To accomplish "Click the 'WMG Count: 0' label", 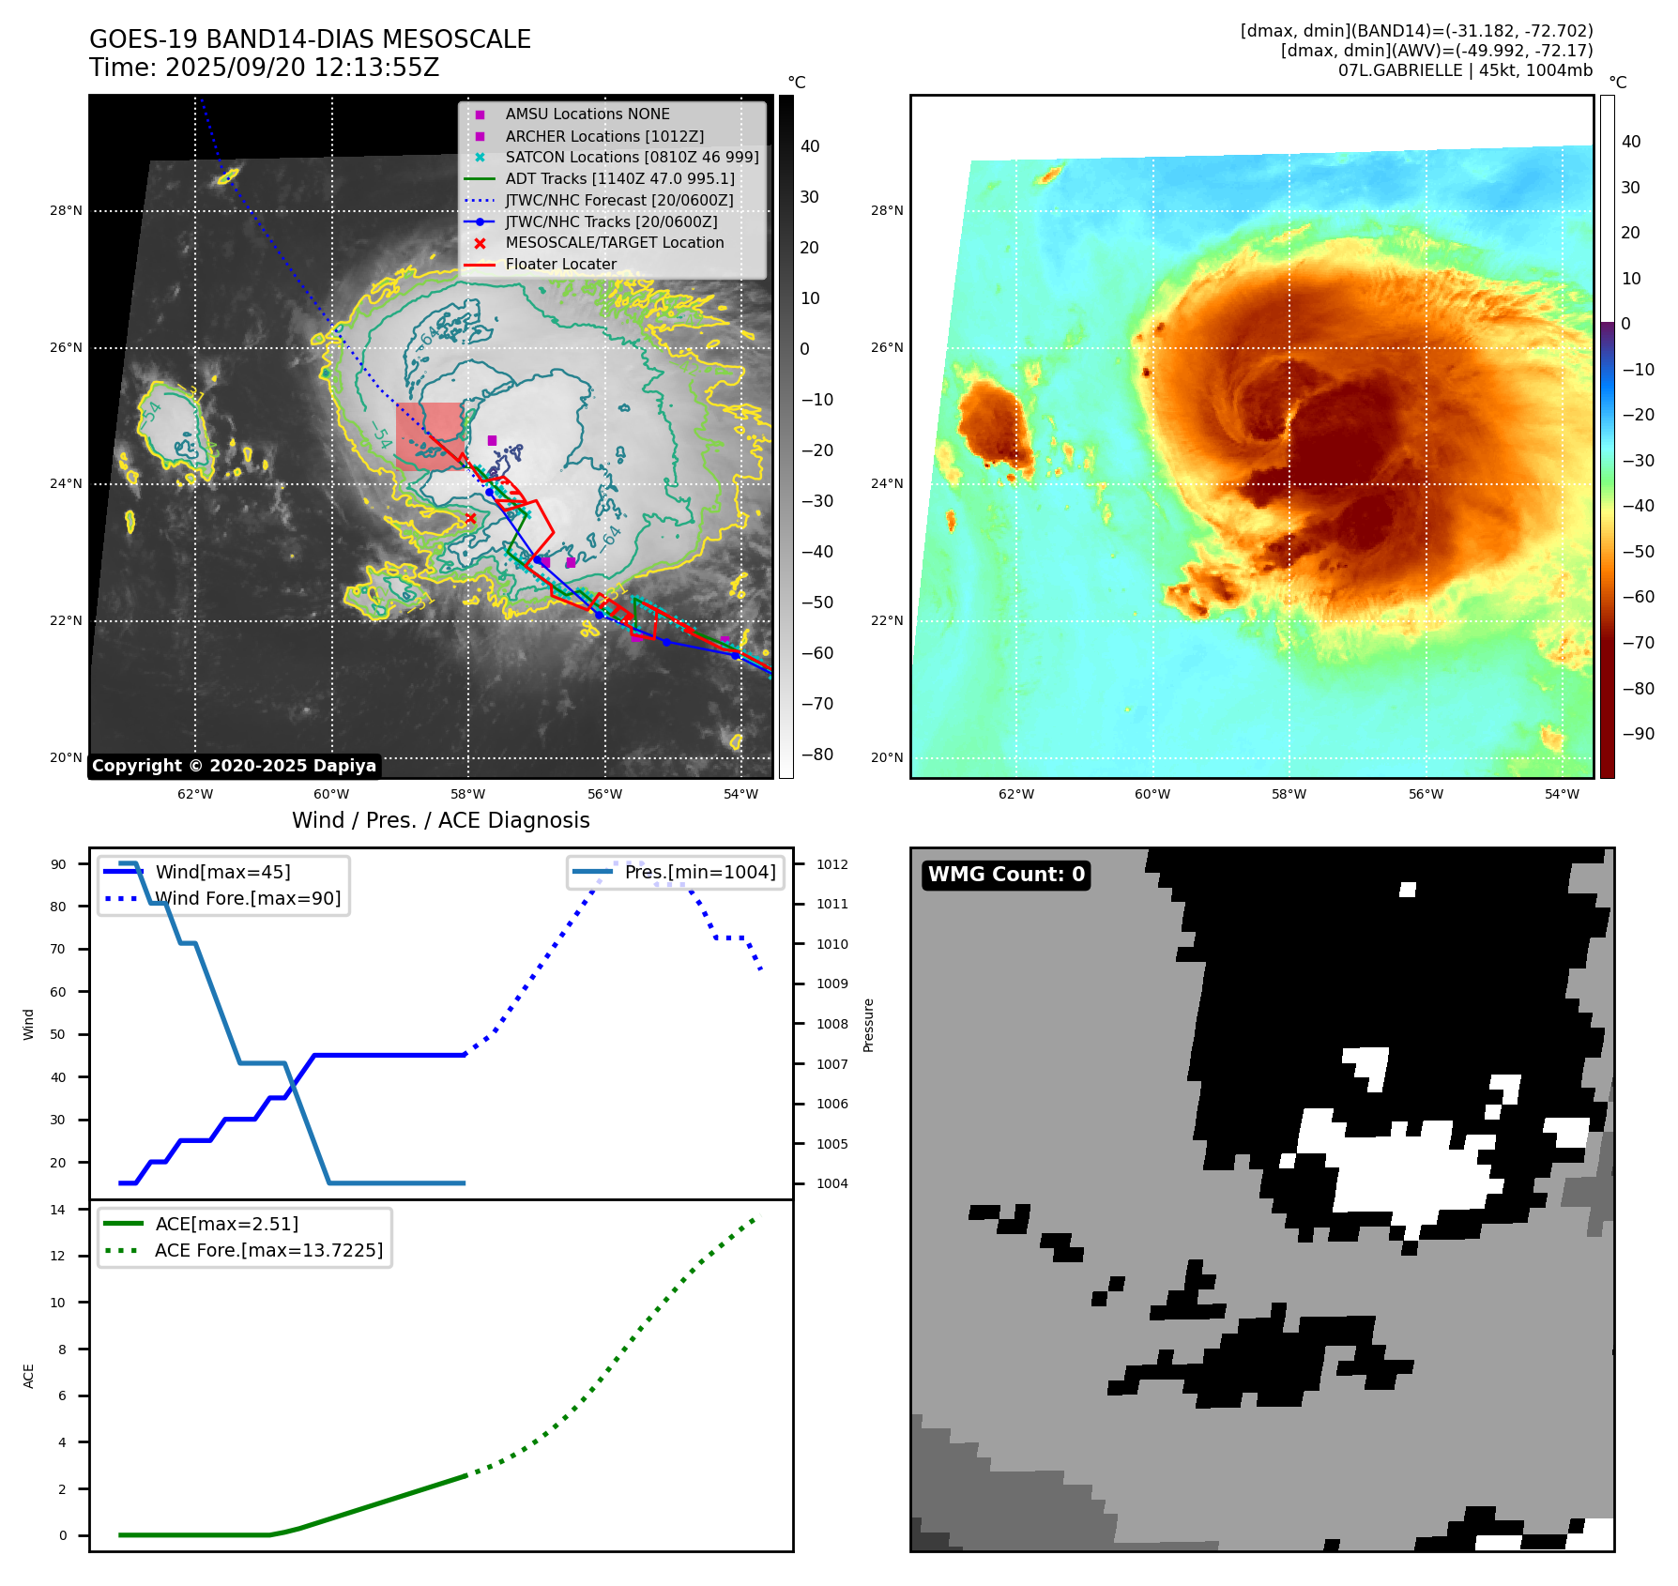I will coord(1006,875).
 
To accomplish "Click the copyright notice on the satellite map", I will coord(234,766).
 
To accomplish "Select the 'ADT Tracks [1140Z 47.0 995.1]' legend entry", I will coord(619,178).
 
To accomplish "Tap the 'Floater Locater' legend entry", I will coord(560,265).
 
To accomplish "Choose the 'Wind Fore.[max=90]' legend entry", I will coord(248,898).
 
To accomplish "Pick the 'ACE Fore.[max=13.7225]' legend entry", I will coord(268,1250).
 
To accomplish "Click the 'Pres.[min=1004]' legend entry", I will coord(700,872).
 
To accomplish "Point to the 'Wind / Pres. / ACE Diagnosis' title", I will coord(441,820).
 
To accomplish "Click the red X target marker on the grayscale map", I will coord(471,518).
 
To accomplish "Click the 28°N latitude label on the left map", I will coord(66,211).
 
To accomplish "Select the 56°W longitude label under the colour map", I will coord(1426,794).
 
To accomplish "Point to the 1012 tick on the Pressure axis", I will coord(831,864).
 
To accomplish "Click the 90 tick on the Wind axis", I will coord(58,864).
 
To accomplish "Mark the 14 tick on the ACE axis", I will coord(58,1210).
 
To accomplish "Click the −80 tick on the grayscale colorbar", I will coord(816,755).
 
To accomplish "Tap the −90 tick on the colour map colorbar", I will coord(1639,734).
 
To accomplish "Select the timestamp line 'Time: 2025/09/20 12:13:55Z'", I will coord(264,68).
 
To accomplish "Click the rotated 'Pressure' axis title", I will coord(868,1025).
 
